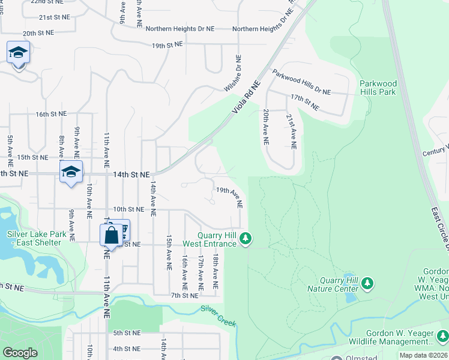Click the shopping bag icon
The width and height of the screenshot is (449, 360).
click(x=112, y=235)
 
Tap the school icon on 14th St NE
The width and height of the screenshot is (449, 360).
click(x=71, y=172)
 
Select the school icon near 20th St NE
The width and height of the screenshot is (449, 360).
click(x=19, y=53)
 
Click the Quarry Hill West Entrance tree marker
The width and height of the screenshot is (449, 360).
click(x=245, y=239)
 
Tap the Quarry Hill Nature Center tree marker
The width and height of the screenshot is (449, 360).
click(x=368, y=282)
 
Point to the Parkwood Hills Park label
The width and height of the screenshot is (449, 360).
click(x=378, y=88)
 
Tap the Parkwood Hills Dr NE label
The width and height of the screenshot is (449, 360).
click(x=301, y=82)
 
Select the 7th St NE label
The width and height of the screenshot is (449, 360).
click(x=184, y=295)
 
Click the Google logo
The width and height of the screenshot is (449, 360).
click(x=20, y=353)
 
